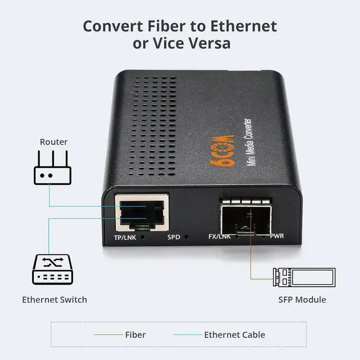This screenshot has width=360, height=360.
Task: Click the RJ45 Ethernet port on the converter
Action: pyautogui.click(x=142, y=213)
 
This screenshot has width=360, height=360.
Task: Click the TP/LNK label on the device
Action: pyautogui.click(x=125, y=237)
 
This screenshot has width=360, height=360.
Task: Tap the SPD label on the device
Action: pyautogui.click(x=173, y=237)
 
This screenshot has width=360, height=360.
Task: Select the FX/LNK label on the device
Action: pyautogui.click(x=219, y=236)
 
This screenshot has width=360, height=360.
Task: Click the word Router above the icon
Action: pyautogui.click(x=53, y=142)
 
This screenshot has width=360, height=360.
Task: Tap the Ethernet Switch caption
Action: pyautogui.click(x=55, y=299)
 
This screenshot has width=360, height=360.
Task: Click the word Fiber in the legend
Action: pyautogui.click(x=135, y=335)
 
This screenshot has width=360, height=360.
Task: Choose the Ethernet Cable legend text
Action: pyautogui.click(x=235, y=335)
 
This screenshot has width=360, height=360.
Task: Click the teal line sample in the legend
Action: pyautogui.click(x=187, y=335)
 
